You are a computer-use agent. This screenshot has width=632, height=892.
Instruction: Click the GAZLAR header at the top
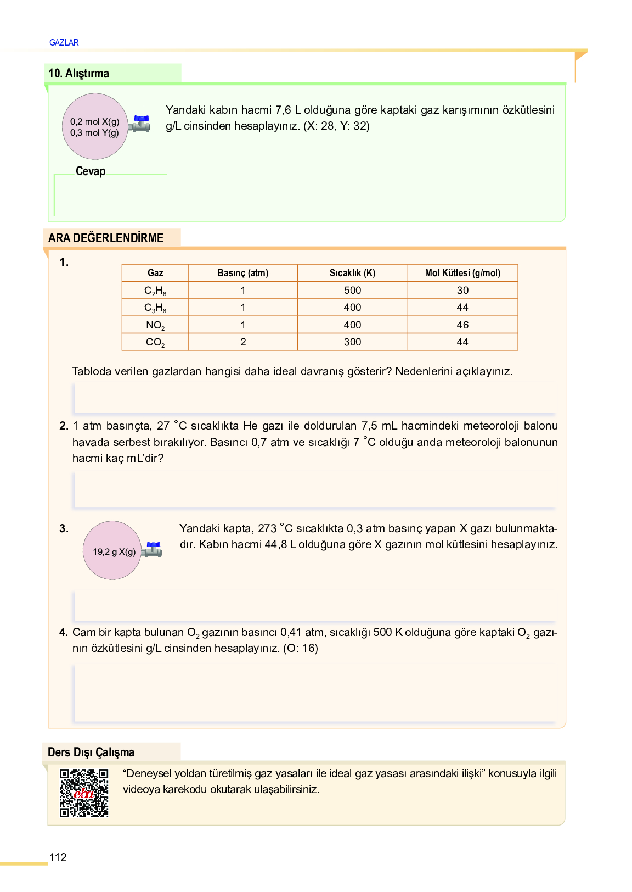64,42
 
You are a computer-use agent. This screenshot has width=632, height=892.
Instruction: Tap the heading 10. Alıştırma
78,73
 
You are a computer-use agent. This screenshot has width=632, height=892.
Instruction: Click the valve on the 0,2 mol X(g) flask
140,124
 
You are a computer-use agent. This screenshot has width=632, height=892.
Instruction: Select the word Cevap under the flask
91,171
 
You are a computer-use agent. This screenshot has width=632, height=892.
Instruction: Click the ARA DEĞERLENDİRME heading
106,238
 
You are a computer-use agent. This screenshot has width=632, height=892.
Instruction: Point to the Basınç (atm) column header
242,273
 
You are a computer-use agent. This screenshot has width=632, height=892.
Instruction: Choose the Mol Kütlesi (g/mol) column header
462,273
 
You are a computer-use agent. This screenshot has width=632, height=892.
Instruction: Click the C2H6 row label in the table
155,291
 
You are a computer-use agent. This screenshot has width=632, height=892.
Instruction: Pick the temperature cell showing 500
352,290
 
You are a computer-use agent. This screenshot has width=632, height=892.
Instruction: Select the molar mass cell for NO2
462,325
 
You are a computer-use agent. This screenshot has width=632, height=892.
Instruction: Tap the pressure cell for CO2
243,342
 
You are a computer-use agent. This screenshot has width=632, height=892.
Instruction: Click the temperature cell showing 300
352,342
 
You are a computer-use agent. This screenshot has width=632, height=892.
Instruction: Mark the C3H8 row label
155,308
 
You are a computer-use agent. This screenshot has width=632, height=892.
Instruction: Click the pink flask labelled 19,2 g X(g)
112,550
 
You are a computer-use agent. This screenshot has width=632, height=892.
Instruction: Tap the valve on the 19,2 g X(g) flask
153,549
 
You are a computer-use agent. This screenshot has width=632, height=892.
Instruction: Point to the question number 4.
64,632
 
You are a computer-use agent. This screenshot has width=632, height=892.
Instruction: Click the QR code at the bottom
84,793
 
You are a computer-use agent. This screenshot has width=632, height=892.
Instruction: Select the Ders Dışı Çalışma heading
91,752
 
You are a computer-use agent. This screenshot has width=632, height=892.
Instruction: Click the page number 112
58,857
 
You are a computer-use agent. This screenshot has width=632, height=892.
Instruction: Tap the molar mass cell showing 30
462,290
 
